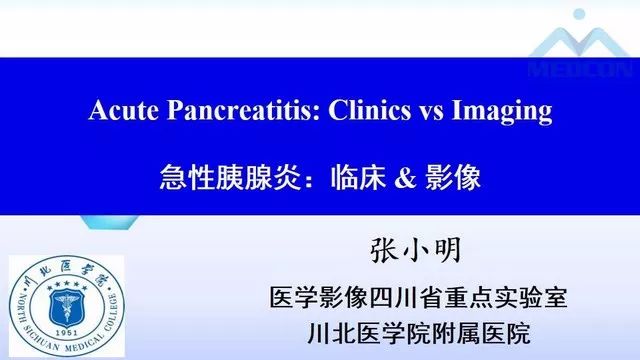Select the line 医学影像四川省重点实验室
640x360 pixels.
[x=419, y=296]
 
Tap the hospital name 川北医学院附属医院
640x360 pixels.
[x=419, y=332]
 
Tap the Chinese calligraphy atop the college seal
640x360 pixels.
[x=66, y=268]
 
